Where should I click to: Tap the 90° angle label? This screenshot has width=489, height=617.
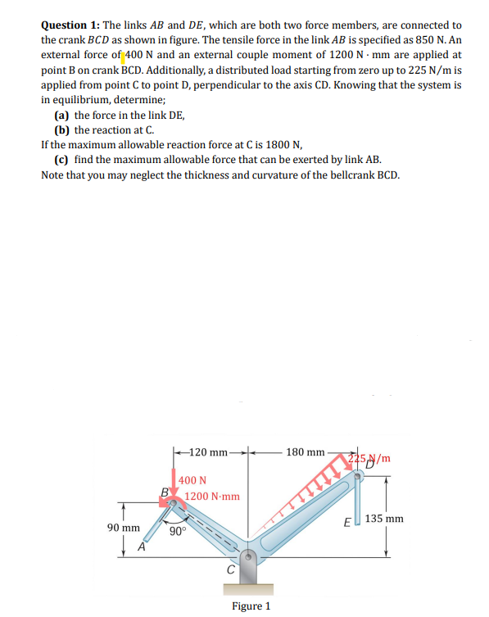[178, 530]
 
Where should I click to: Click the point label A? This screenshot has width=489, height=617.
[142, 547]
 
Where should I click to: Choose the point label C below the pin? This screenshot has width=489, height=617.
[232, 569]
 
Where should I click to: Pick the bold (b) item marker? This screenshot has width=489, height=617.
[61, 130]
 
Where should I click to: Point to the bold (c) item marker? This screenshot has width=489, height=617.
[61, 159]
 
